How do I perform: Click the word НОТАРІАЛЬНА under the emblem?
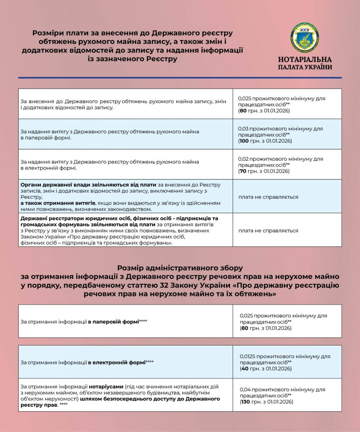[x=305, y=59]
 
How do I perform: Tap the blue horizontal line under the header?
[x=180, y=78]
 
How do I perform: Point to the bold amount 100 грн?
[x=244, y=141]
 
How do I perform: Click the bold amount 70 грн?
[x=243, y=171]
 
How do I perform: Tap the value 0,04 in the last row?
[x=245, y=390]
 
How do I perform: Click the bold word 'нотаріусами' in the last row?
[x=106, y=386]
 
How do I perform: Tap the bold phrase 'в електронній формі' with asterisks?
[x=116, y=362]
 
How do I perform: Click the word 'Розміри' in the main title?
[x=49, y=33]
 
